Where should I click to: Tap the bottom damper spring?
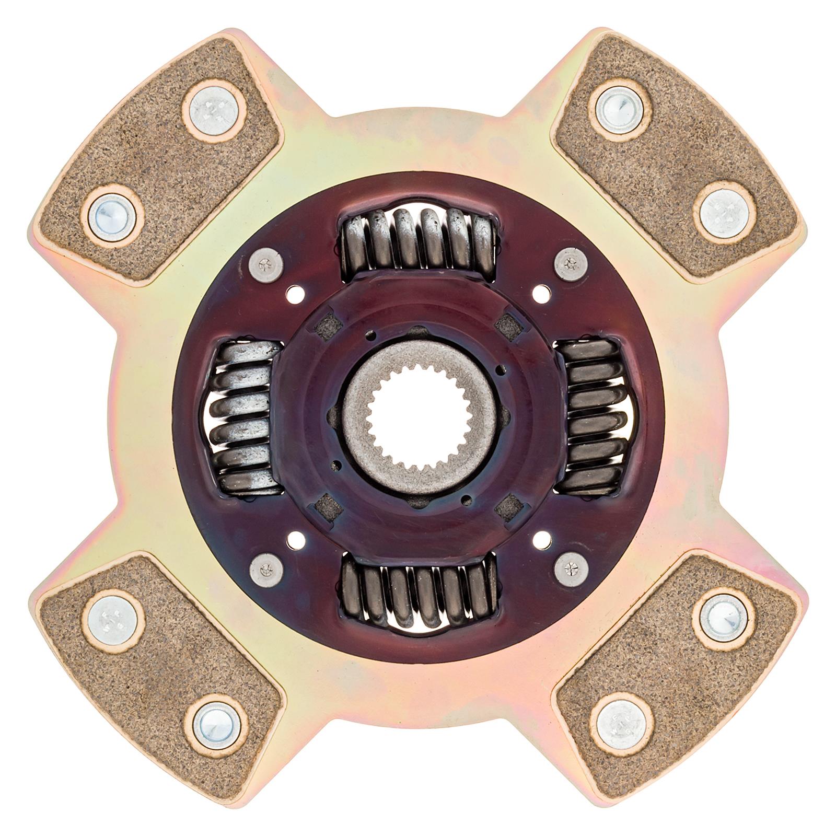click(418, 596)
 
